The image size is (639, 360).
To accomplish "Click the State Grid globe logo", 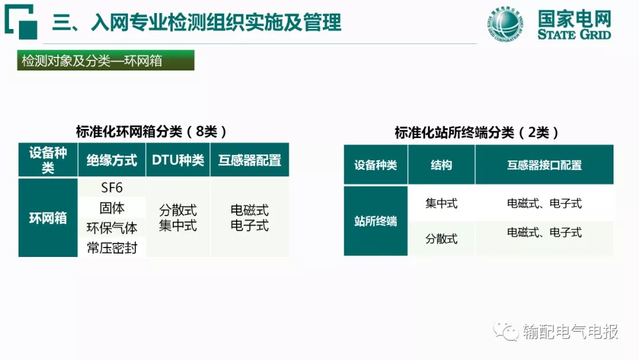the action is coord(505,24).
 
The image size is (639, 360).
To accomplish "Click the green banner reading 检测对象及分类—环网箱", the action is coord(105,60).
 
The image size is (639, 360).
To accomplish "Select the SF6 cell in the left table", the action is coord(112,188).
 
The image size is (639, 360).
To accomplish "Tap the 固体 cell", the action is coord(112,208).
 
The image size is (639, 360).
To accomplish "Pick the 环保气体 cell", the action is coord(112,228).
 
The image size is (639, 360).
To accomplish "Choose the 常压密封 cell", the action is coord(112,247).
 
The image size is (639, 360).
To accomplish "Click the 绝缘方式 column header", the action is coord(112,160).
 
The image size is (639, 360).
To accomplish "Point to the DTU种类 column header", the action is coord(177,160).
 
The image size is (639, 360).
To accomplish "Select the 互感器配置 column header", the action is coord(250,160).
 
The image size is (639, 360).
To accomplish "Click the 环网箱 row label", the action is coord(48,218).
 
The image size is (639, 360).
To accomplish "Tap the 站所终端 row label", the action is coord(375,221).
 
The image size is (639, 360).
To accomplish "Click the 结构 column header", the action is coord(441,165).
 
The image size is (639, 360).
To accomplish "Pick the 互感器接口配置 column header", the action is coord(544,165).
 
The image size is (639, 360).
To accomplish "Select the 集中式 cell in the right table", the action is coord(441,203).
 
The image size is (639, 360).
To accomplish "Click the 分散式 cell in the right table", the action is coord(441,239).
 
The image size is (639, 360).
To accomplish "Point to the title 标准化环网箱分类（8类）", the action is coord(151,131).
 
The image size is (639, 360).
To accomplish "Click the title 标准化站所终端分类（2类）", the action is coord(476,133).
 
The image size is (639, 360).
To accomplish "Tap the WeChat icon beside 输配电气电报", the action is coord(505,331).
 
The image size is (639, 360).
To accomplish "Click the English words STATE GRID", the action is coord(574,34).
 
